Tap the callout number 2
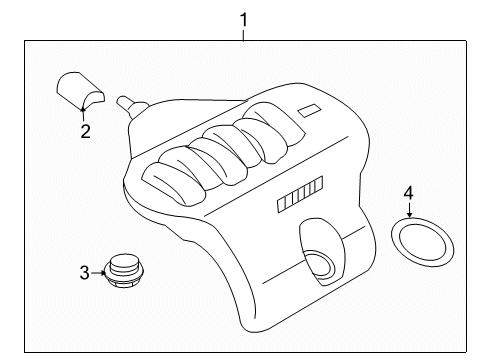(85, 131)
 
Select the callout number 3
(84, 270)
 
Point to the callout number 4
(408, 191)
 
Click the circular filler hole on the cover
(324, 266)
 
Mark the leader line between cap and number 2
(84, 114)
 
